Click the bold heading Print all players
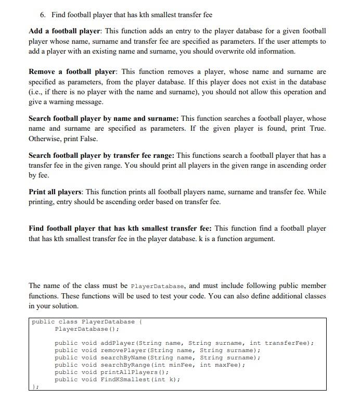tap(55, 192)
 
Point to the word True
tap(316, 129)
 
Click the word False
tap(86, 139)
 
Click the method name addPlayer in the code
tap(117, 343)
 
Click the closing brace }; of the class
tap(34, 387)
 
